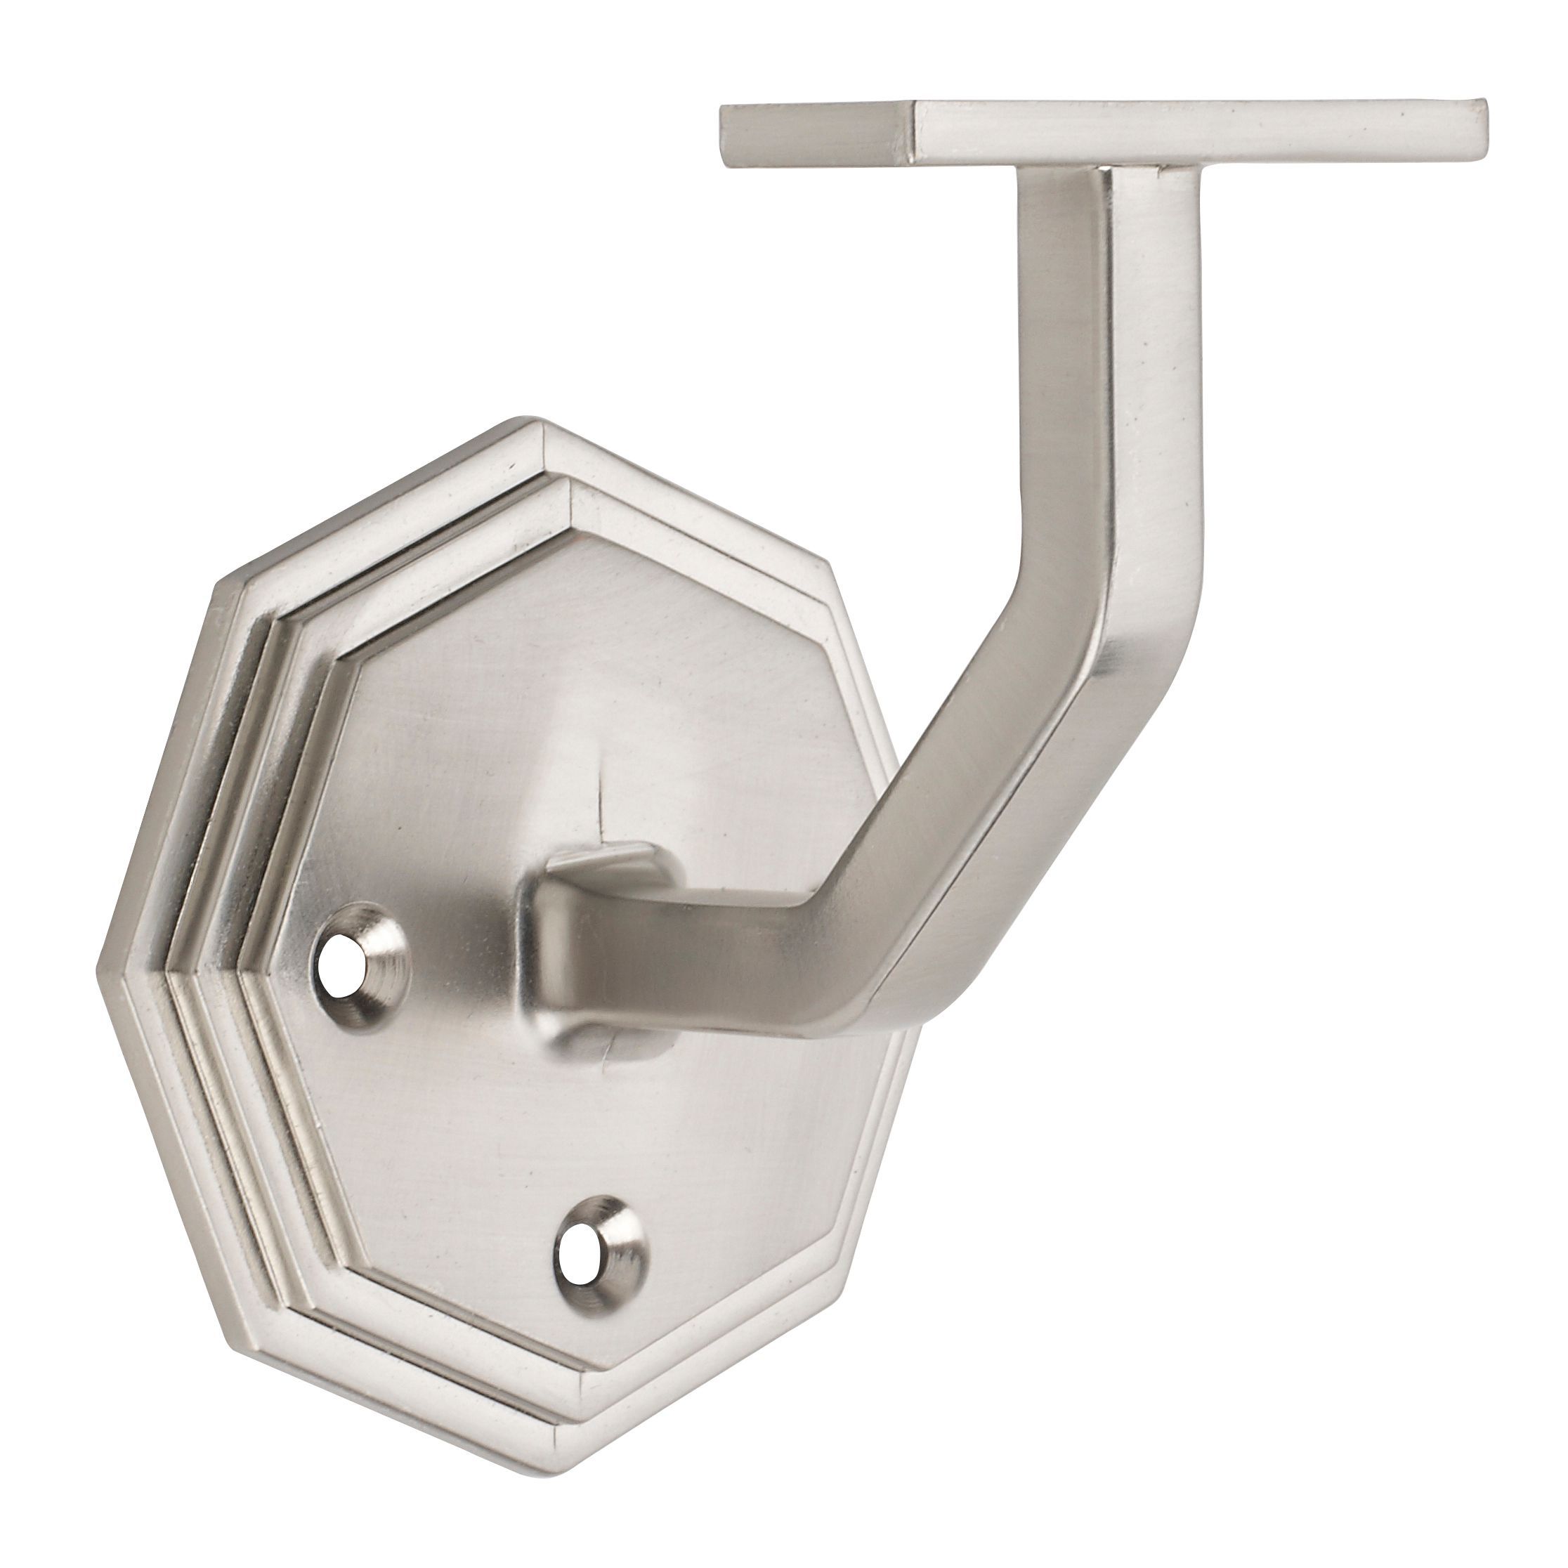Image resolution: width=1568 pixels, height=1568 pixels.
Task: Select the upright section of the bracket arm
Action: (1063, 390)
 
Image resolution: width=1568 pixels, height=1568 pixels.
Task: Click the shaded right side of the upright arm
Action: (1152, 406)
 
